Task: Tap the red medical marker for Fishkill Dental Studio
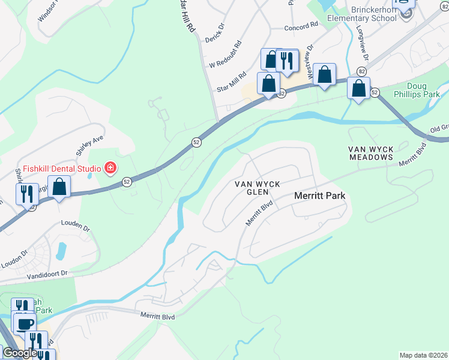point(110,167)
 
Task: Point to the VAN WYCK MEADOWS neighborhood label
point(371,153)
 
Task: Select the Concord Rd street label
point(300,26)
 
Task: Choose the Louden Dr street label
point(75,228)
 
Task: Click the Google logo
point(19,353)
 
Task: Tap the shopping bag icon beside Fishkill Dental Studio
point(59,188)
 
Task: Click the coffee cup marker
point(25,325)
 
